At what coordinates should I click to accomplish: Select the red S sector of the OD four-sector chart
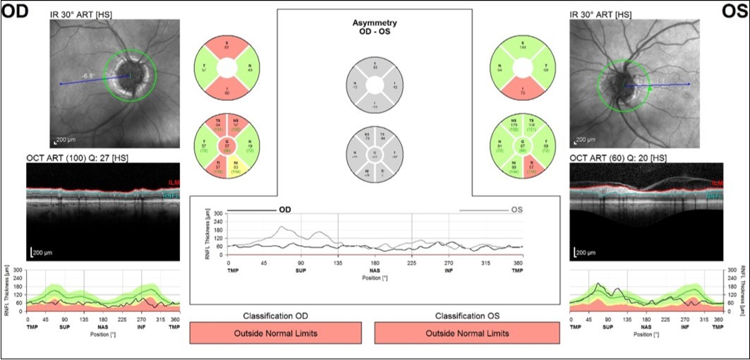click(226, 47)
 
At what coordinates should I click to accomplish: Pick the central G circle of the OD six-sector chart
click(226, 148)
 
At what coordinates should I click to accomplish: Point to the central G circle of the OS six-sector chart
click(523, 148)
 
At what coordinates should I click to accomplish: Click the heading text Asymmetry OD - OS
click(374, 28)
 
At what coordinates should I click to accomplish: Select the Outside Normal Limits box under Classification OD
click(276, 333)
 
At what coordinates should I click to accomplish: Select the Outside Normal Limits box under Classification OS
click(466, 333)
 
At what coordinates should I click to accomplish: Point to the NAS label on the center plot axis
click(375, 270)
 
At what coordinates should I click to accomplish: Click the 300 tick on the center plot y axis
click(218, 212)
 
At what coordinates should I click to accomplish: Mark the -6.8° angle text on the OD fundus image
click(88, 75)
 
